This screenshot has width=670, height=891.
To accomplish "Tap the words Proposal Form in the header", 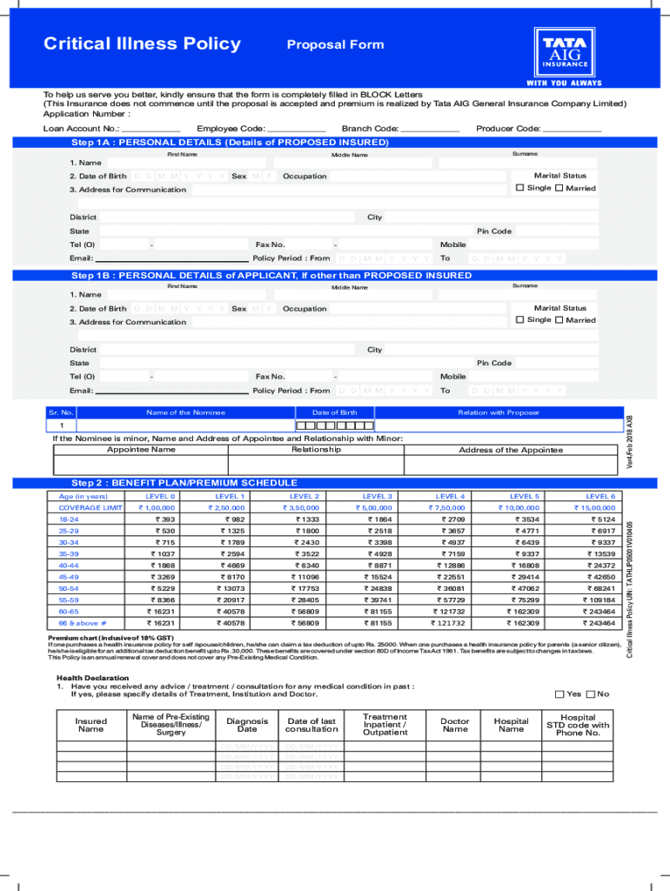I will (x=335, y=44).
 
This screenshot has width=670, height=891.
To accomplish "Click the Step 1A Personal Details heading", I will (x=230, y=142).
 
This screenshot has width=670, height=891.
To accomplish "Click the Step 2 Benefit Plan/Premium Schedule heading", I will (x=184, y=482).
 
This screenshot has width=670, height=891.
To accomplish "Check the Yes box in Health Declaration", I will (x=559, y=693).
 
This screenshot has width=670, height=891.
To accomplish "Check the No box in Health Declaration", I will (x=591, y=693).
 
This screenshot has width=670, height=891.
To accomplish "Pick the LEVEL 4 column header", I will (x=451, y=496).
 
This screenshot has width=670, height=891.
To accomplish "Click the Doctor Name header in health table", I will (x=454, y=726).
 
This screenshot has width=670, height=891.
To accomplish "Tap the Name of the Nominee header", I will (x=185, y=412).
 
